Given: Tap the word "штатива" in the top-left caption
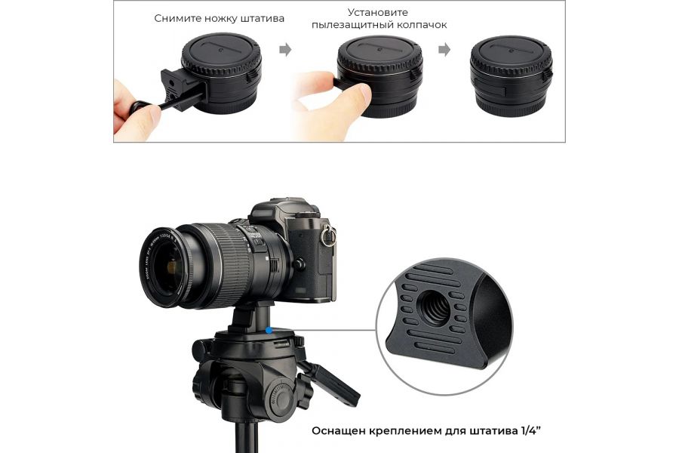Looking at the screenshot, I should tap(260, 18).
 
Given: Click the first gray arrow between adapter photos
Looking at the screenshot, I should tap(284, 51).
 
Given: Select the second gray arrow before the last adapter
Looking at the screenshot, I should tap(445, 51).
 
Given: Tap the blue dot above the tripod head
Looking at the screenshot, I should tap(269, 330).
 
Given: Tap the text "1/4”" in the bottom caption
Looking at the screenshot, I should tap(530, 431).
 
